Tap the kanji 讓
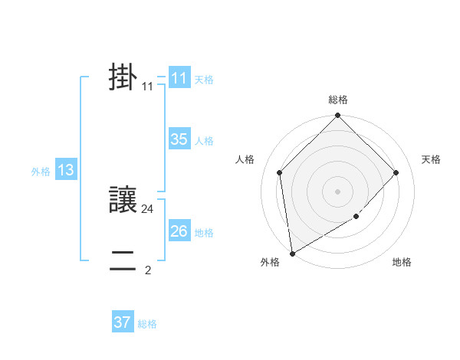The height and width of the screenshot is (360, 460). [x=123, y=201]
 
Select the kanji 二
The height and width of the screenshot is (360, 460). [x=123, y=261]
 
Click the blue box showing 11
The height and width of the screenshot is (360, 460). [x=179, y=78]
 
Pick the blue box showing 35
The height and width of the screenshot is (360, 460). [x=179, y=139]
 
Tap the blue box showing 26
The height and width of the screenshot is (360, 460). [x=179, y=231]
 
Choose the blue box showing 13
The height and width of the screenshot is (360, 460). [x=65, y=170]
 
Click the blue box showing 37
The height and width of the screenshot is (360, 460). [x=122, y=322]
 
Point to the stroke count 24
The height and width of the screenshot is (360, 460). [x=148, y=208]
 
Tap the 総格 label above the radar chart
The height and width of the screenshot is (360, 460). [x=338, y=100]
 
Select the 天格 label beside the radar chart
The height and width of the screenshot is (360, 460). [x=431, y=159]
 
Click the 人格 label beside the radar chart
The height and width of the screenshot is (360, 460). [x=245, y=159]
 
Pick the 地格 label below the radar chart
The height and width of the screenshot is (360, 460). [x=402, y=262]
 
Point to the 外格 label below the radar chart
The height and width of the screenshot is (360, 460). [x=270, y=262]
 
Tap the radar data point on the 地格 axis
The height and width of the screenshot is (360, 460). [x=356, y=217]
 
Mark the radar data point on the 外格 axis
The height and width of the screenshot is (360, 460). [x=292, y=254]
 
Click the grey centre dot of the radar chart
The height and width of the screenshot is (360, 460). [x=338, y=191]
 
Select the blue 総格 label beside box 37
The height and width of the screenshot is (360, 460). [x=147, y=324]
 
